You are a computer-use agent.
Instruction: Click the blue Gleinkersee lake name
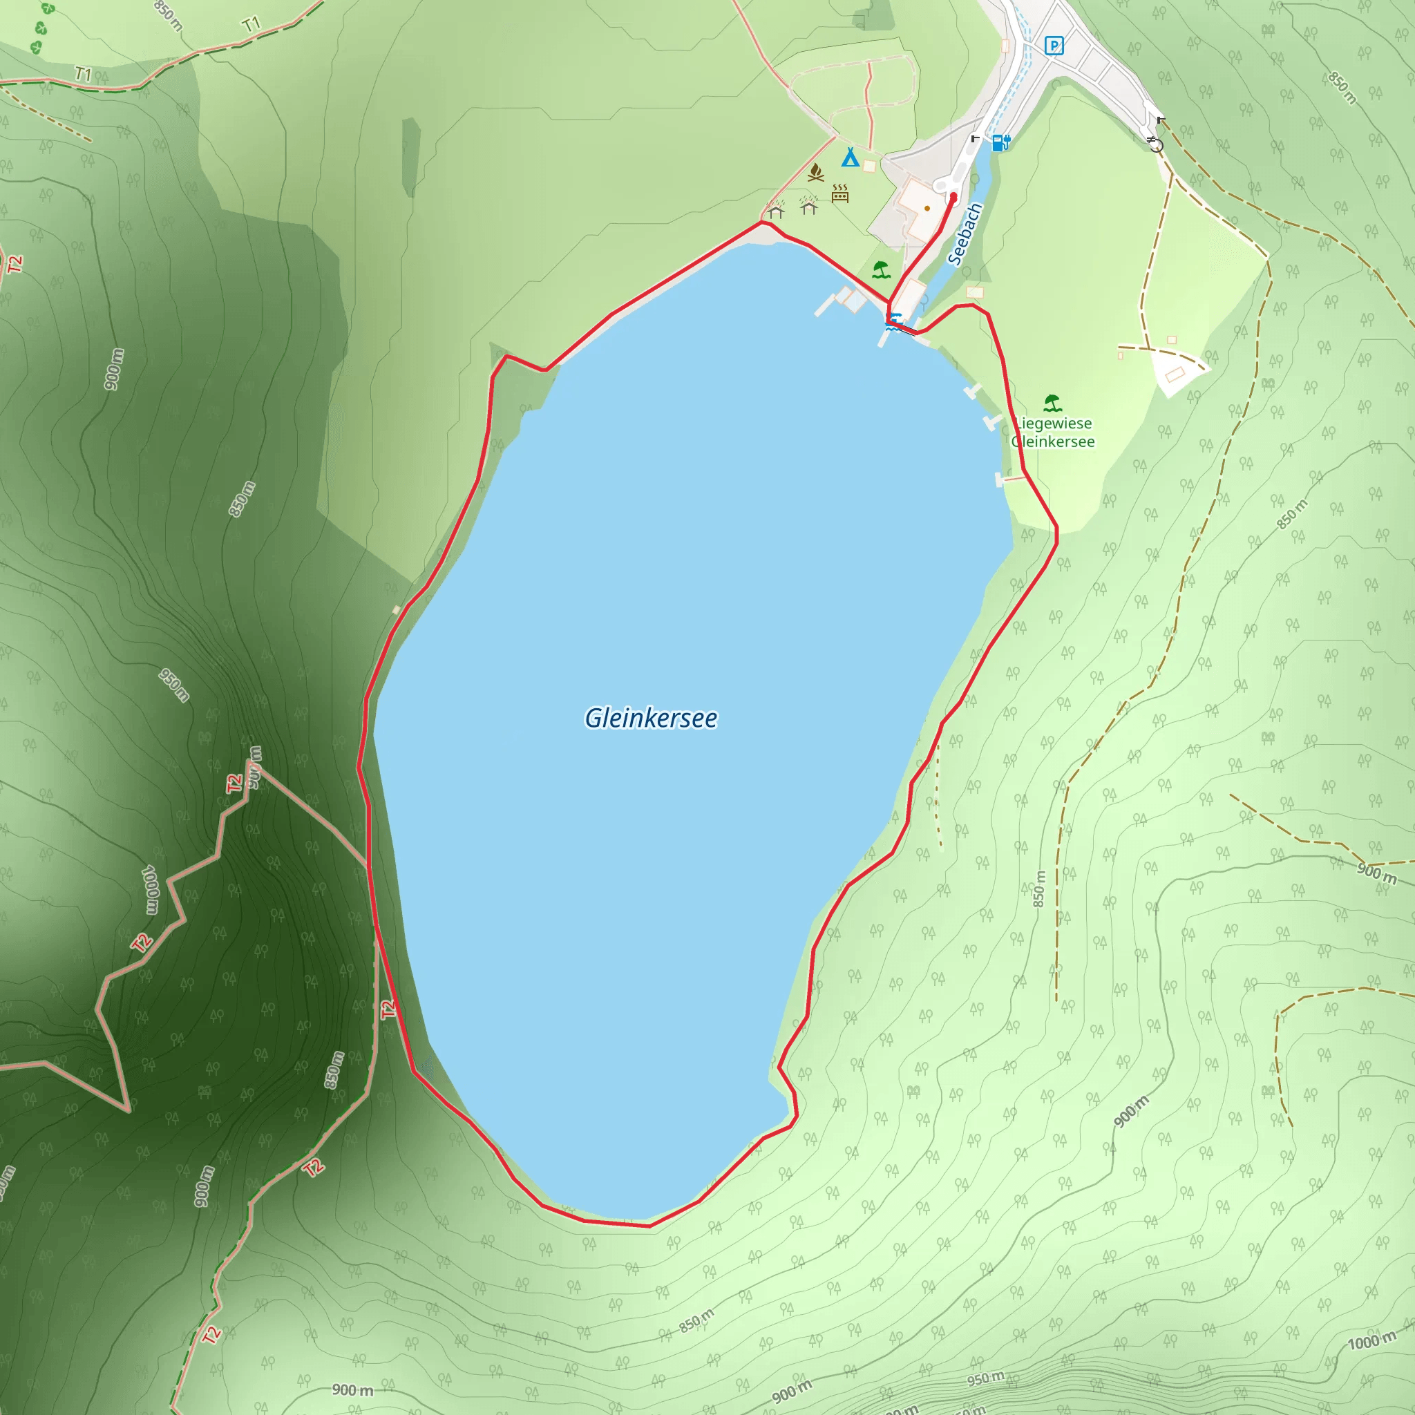650,718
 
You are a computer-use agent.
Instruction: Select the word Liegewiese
1053,424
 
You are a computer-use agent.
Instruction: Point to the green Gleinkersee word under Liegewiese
1053,441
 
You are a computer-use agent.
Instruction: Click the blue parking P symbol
1053,46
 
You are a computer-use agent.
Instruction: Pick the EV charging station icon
1001,142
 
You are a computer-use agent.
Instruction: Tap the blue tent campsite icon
850,157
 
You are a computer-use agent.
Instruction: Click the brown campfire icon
815,173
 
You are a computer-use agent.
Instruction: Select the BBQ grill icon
840,193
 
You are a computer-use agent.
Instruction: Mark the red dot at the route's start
953,197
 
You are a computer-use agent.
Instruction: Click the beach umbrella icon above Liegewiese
1052,403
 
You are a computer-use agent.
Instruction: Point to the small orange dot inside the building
927,208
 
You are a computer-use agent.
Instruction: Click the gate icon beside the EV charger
975,137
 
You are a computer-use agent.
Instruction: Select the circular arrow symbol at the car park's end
1156,144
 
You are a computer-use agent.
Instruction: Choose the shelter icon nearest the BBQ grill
808,207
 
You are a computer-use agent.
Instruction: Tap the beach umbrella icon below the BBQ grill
881,270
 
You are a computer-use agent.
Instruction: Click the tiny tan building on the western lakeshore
396,609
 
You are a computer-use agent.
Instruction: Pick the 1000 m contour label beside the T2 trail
150,890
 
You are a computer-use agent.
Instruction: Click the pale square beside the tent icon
869,167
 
